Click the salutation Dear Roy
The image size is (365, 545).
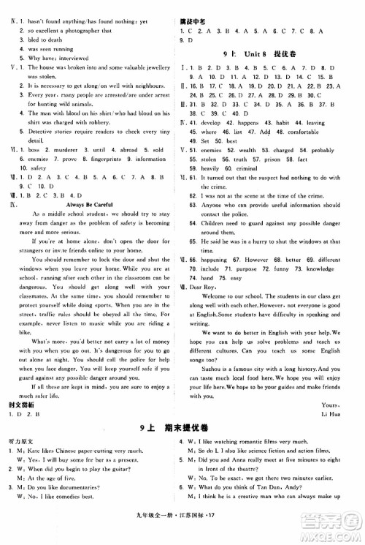coord(213,300)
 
